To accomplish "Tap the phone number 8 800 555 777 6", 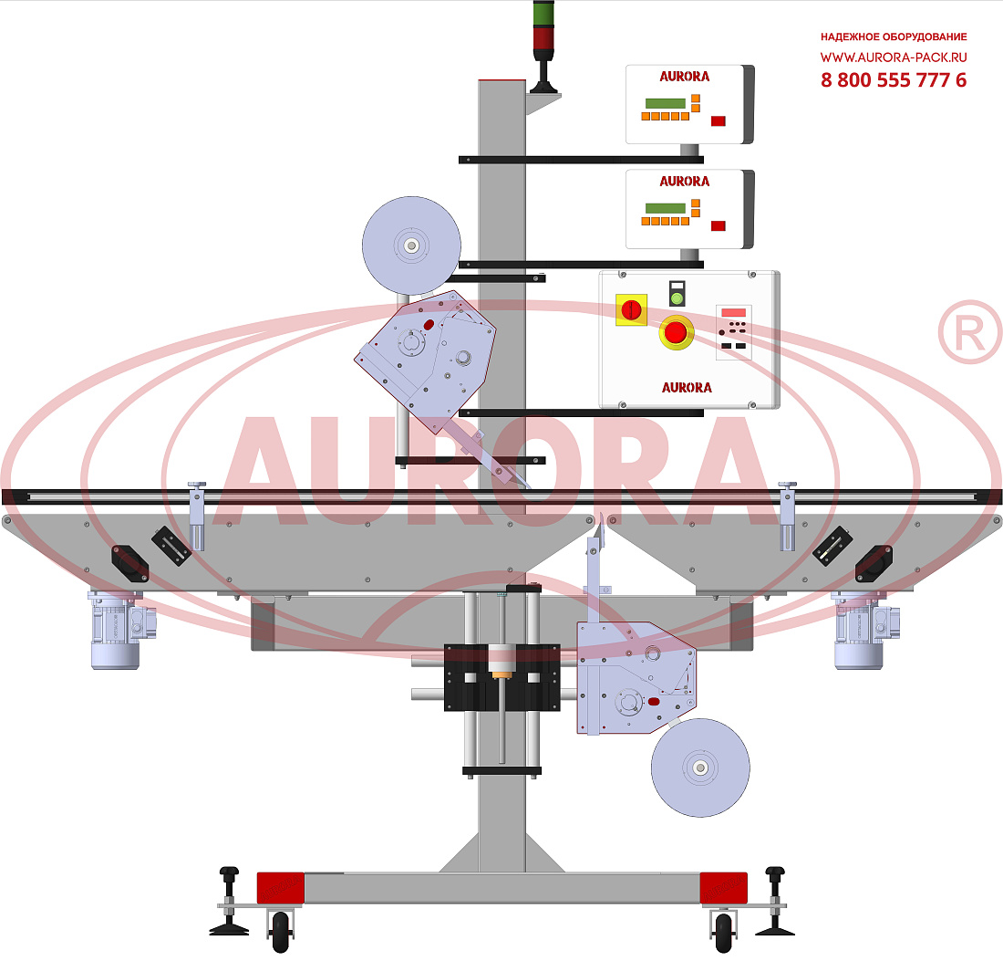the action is (x=894, y=80).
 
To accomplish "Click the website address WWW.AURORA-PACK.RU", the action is (x=894, y=57).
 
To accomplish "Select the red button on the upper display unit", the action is (x=719, y=120).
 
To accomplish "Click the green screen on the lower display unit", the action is (x=666, y=208).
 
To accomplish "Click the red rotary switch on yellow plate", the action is (x=631, y=310).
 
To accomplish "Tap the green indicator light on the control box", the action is (x=677, y=298).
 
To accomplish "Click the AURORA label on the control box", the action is (x=687, y=387).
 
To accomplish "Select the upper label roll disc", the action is (x=411, y=245).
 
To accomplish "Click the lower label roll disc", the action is (x=700, y=768).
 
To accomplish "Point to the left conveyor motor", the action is (x=120, y=630).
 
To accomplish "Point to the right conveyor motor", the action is (x=864, y=630).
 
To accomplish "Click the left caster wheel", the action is (x=280, y=932).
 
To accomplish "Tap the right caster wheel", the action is (x=723, y=932).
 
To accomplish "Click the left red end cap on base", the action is (x=280, y=888).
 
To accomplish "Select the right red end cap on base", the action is (x=723, y=888).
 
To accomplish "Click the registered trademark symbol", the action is (x=970, y=332).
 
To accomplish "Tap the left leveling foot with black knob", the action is (x=229, y=902).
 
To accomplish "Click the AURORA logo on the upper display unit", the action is (x=685, y=76).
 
